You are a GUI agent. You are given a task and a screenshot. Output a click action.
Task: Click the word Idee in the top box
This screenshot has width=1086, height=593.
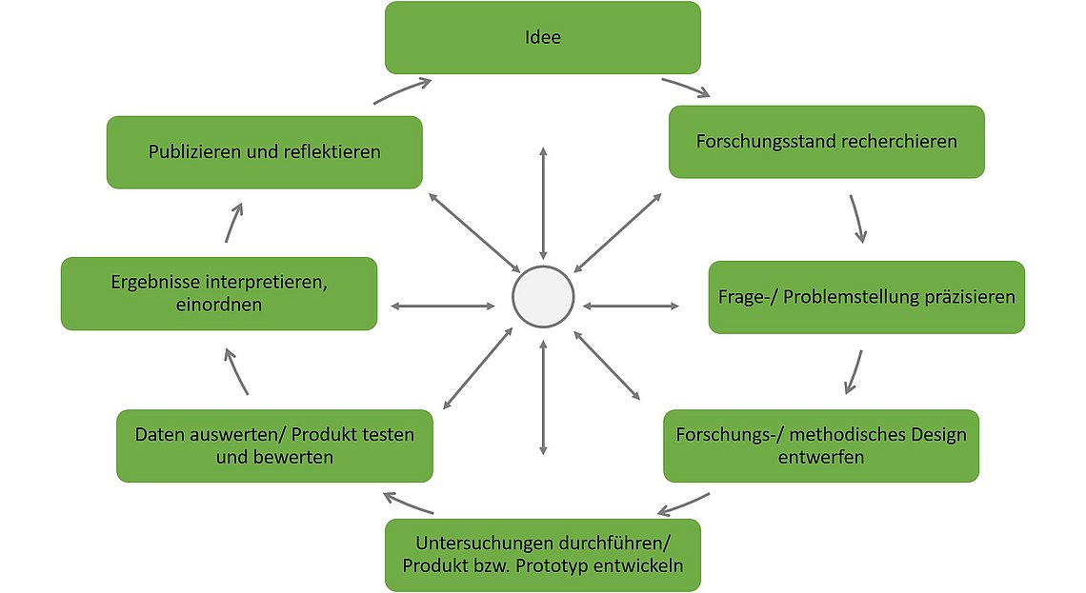[x=542, y=37]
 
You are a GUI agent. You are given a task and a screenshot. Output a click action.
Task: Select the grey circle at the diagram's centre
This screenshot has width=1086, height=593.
[x=543, y=297]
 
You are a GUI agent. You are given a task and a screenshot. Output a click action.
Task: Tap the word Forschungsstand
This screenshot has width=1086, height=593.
[x=758, y=142]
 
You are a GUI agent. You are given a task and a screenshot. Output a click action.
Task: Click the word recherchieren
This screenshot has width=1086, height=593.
[x=893, y=141]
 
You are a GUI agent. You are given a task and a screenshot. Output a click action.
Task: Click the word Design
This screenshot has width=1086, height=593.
[x=939, y=435]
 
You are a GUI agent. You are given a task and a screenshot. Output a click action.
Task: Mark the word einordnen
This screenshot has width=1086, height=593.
[x=219, y=306]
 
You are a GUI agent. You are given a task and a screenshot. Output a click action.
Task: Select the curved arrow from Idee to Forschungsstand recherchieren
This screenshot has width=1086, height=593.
[x=687, y=87]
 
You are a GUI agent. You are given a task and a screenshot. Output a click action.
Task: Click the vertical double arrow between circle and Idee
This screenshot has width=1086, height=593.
[x=543, y=203]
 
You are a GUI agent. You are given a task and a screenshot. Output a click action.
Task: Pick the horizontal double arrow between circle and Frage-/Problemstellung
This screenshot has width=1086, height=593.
[x=631, y=306]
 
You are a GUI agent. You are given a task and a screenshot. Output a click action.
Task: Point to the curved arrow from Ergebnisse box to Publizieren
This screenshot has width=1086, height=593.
[x=233, y=222]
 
